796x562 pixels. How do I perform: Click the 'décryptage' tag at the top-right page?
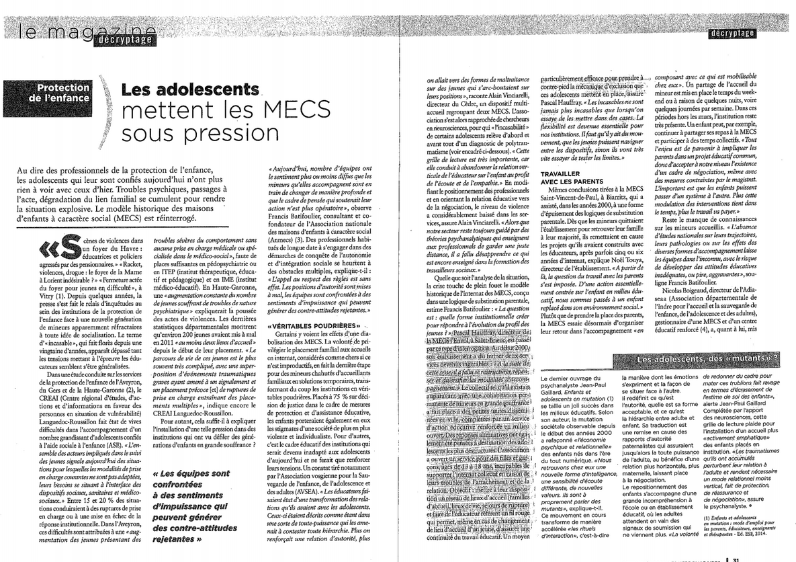click(732, 33)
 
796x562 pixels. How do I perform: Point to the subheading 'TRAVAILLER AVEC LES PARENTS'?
click(570, 177)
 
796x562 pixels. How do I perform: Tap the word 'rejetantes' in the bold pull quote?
click(181, 539)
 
